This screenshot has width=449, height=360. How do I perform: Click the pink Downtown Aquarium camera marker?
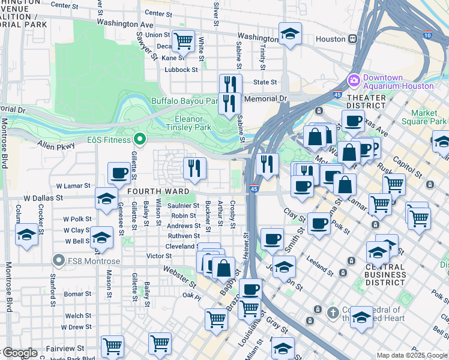[x=354, y=80]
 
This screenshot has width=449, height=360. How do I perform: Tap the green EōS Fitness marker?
[x=140, y=140]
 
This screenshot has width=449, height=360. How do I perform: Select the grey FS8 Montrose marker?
[x=58, y=260]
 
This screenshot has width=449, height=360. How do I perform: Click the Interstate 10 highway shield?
[x=427, y=35]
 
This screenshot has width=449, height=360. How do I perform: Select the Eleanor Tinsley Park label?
[x=193, y=122]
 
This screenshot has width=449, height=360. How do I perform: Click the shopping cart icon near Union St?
[x=183, y=41]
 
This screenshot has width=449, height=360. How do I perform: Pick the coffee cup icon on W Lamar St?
[x=119, y=173]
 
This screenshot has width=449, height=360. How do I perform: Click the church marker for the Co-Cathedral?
[x=333, y=313]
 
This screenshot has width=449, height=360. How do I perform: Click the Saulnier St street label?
[x=184, y=205]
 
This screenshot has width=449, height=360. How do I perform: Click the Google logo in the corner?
[x=19, y=353]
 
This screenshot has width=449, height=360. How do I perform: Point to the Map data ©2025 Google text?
[x=411, y=355]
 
